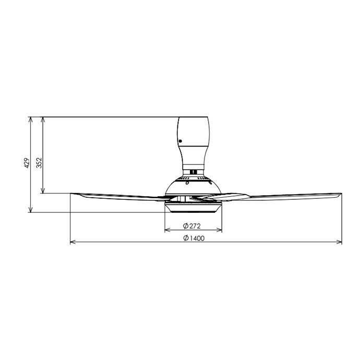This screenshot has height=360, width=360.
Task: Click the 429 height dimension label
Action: [27, 163]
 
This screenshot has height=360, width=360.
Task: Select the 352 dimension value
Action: [39, 163]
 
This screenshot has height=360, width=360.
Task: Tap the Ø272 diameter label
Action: [191, 226]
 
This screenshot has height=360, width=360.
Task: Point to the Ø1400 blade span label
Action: [194, 238]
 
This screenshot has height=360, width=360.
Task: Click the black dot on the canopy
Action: [180, 141]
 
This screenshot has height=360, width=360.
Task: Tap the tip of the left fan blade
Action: [70, 194]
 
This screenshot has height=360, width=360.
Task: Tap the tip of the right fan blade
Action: [342, 194]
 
